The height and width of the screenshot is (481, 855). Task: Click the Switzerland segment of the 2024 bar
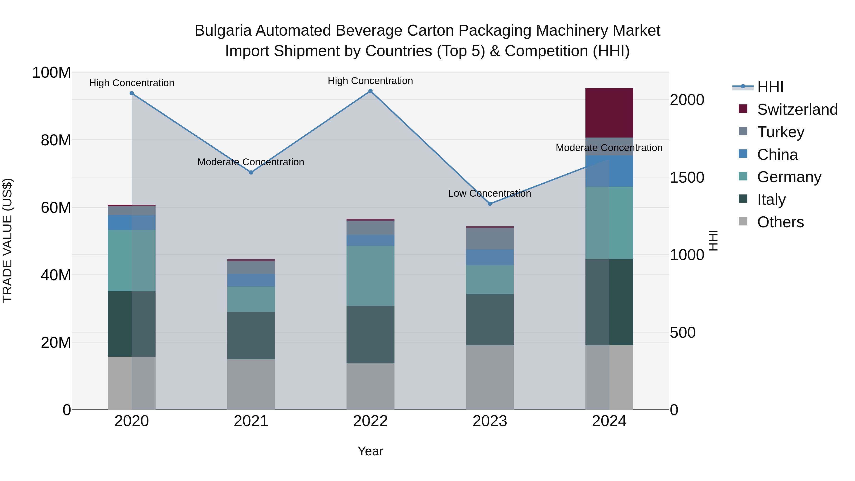pyautogui.click(x=609, y=113)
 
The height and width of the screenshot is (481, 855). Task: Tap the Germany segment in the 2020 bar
pyautogui.click(x=131, y=261)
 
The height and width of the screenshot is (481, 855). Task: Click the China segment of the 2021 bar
pyautogui.click(x=251, y=280)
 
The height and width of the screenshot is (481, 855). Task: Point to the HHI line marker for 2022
pyautogui.click(x=370, y=91)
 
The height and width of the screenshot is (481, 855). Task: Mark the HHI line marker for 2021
pyautogui.click(x=251, y=172)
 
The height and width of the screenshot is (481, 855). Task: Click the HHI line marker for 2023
pyautogui.click(x=490, y=204)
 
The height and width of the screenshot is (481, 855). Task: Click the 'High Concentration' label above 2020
pyautogui.click(x=131, y=83)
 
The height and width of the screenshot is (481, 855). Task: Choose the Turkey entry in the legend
pyautogui.click(x=780, y=132)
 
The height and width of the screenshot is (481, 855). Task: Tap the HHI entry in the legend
pyautogui.click(x=770, y=87)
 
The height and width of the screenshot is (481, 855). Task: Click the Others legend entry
pyautogui.click(x=780, y=222)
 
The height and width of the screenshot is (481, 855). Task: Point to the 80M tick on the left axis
pyautogui.click(x=56, y=140)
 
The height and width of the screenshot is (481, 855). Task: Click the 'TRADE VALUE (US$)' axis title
pyautogui.click(x=7, y=240)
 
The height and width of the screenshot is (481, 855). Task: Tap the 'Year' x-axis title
pyautogui.click(x=370, y=451)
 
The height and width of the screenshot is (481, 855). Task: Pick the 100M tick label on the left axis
pyautogui.click(x=52, y=72)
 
